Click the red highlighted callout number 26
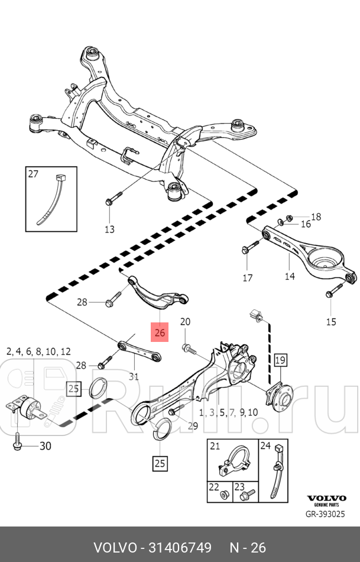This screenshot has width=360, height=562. pos(160,333)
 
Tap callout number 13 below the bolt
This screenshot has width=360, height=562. pos(110,229)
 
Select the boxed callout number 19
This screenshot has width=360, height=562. pos(280,359)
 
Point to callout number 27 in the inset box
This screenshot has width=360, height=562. pos(33,174)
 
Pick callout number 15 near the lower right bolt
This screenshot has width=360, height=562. pos(331,321)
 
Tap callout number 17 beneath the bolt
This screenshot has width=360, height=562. pos(247,277)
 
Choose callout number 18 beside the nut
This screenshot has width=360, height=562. pos(316,217)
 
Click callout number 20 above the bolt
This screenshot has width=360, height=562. pos(185,322)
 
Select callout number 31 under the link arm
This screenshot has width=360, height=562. pos(134,376)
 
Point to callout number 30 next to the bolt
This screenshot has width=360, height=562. pos(46,446)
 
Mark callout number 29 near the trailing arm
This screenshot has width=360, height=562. pos(193,426)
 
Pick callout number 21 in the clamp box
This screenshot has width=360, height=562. pos(215,446)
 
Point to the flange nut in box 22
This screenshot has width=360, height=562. pos(225,493)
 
